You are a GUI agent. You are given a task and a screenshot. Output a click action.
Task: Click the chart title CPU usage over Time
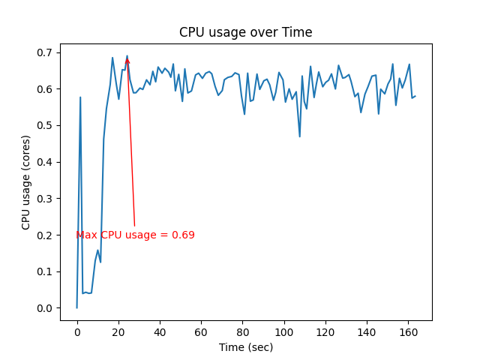tap(245, 32)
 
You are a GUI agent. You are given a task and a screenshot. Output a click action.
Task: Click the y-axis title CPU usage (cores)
tap(26, 182)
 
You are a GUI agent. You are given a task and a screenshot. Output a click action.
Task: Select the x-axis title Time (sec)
tap(245, 347)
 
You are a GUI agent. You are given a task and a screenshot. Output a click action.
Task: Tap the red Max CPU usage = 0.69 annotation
tap(135, 235)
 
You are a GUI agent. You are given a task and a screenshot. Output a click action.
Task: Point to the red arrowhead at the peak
tap(127, 61)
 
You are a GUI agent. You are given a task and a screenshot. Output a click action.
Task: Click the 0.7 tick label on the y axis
tap(46, 52)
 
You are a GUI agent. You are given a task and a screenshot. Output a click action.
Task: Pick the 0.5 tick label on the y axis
tap(46, 125)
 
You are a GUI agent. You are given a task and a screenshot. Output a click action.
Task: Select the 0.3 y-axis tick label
tap(46, 199)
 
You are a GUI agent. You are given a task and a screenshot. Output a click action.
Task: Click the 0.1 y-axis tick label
tap(46, 271)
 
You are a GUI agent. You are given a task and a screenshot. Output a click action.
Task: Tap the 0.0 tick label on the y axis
tap(46, 308)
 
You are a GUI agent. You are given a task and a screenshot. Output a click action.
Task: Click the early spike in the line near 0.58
tap(80, 97)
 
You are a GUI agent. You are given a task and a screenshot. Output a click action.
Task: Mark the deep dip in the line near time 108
tap(300, 136)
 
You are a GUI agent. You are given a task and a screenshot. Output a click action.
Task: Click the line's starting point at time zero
tap(76, 307)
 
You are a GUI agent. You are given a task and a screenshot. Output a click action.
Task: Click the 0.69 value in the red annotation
tap(184, 235)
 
